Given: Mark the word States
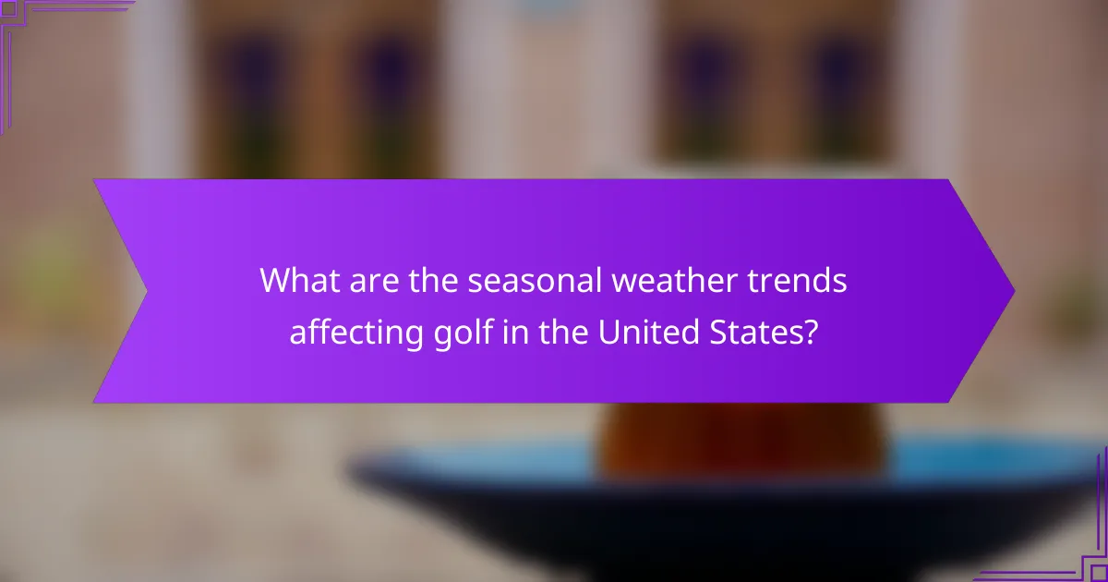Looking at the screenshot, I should click(757, 332).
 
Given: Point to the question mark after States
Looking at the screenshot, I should click(810, 332).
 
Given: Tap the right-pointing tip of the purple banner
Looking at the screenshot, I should click(1012, 291).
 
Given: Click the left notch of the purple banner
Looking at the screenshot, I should click(147, 291).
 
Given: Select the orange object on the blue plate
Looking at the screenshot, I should click(743, 443).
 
